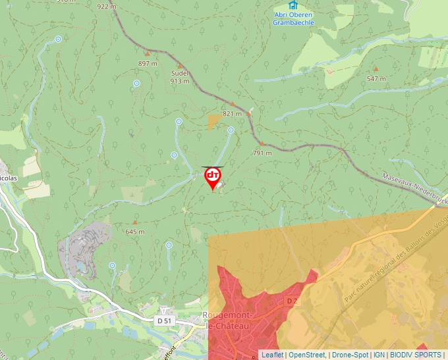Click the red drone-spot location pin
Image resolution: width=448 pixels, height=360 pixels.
[x=213, y=177]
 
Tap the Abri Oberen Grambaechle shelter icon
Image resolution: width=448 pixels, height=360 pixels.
[x=293, y=6]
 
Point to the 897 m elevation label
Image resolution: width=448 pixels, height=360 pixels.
[x=148, y=63]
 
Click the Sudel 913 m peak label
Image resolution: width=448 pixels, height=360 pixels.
[x=180, y=77]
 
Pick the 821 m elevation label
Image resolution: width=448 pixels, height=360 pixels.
[x=233, y=113]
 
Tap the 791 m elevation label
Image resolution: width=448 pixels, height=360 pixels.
[x=262, y=153]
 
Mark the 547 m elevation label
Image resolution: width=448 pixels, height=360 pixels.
[x=376, y=78]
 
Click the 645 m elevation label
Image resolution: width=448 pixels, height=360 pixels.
[x=135, y=232]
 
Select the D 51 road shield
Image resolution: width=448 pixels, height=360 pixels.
[x=165, y=320]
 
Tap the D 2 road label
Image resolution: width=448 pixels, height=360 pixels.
[x=293, y=301]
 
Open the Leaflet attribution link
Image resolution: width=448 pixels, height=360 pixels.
[x=272, y=355]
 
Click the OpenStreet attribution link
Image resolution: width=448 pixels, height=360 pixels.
[x=306, y=355]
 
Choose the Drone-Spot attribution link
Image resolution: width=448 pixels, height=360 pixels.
[x=350, y=355]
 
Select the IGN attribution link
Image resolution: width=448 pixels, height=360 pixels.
[x=379, y=355]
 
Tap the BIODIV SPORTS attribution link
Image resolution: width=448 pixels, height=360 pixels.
[x=416, y=355]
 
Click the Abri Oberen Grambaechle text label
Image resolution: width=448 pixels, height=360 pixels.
[x=293, y=18]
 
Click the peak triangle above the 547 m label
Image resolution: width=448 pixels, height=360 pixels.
[x=376, y=68]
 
